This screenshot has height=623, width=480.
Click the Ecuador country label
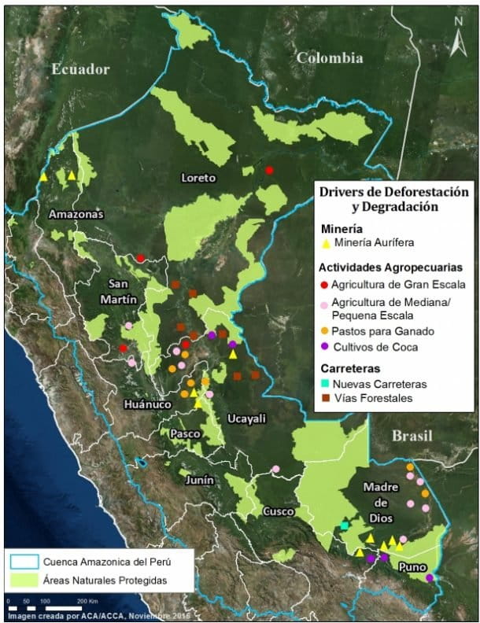point(80,69)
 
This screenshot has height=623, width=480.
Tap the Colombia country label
point(329,57)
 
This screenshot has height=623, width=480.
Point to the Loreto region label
point(198,178)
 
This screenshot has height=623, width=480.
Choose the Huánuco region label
point(147,404)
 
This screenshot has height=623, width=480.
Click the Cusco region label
point(279,511)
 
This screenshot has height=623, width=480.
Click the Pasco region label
point(183,433)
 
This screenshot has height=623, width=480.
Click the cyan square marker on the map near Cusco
point(345,525)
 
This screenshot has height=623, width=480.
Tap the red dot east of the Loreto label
point(269,170)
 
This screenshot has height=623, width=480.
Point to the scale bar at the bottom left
point(47,602)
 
